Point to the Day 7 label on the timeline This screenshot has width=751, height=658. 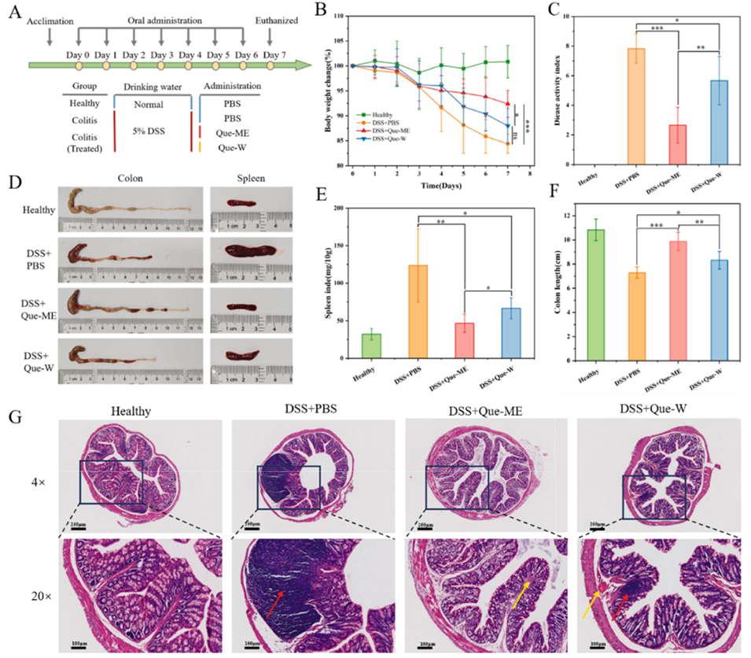273,54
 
